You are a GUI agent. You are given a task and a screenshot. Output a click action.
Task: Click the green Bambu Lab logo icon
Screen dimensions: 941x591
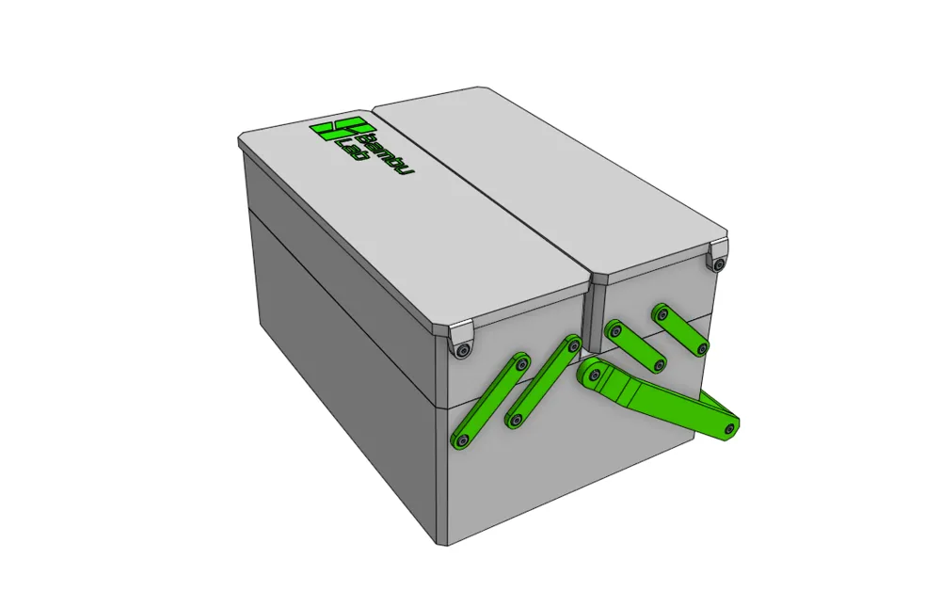point(343,129)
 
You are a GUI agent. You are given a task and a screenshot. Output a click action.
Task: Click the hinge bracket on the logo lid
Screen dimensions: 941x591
point(460,341)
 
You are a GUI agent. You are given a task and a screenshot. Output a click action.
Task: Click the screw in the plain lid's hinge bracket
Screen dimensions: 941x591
point(718,264)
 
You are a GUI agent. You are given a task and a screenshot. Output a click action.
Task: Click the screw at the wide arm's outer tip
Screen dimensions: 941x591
point(730,428)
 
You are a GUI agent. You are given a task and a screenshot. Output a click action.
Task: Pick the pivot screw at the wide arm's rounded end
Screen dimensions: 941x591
point(594,375)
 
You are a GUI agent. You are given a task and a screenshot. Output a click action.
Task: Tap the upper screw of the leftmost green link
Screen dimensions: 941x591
point(521,363)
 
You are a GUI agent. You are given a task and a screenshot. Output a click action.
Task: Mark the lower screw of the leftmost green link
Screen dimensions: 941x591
point(461,440)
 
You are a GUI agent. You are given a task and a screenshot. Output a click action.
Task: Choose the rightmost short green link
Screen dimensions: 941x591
point(680,330)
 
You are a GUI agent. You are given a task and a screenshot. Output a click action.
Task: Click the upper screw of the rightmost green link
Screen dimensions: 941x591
point(662,312)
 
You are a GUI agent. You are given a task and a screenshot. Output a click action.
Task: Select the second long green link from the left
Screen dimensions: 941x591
point(544,381)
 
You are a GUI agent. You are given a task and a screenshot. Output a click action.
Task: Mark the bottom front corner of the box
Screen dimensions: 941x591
point(447,546)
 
